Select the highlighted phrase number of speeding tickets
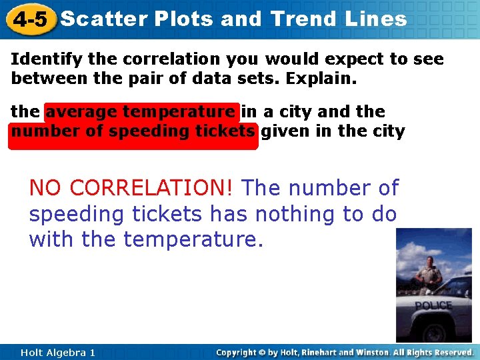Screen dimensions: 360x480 (x=133, y=131)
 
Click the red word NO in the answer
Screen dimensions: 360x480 (x=46, y=189)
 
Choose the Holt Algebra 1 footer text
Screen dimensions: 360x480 (x=58, y=352)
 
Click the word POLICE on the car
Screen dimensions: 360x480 (x=433, y=305)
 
